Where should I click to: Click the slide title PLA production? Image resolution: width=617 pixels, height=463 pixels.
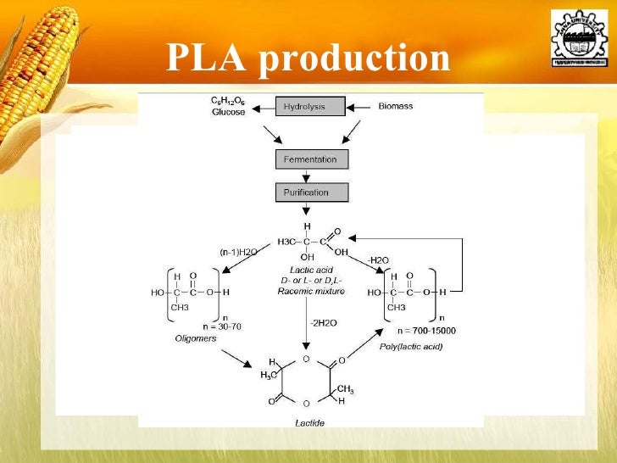coord(308,58)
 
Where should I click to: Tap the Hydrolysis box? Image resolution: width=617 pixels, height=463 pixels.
coord(311,107)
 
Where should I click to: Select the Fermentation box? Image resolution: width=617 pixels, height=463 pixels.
coord(311,159)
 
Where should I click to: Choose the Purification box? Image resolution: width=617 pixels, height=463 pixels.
coord(311,192)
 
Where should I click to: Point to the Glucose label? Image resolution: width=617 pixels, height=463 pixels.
coord(228,112)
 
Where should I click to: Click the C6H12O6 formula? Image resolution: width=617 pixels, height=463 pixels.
coord(228,101)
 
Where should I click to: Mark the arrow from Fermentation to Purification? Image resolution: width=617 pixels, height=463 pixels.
coord(311,176)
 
